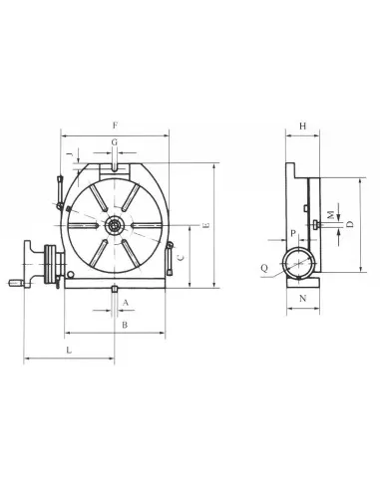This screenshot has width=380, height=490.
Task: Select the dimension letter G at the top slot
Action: [x=116, y=143]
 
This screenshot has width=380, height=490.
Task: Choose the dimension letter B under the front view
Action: [x=124, y=326]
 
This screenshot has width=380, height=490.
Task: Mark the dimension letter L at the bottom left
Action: [x=69, y=351]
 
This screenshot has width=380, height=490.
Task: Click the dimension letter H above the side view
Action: [x=302, y=125]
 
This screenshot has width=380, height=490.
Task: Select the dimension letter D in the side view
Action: [x=349, y=225]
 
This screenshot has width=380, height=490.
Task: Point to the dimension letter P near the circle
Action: [x=292, y=233]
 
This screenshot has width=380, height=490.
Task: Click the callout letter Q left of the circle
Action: [x=263, y=268]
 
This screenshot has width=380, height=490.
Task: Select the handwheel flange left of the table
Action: [x=47, y=264]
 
